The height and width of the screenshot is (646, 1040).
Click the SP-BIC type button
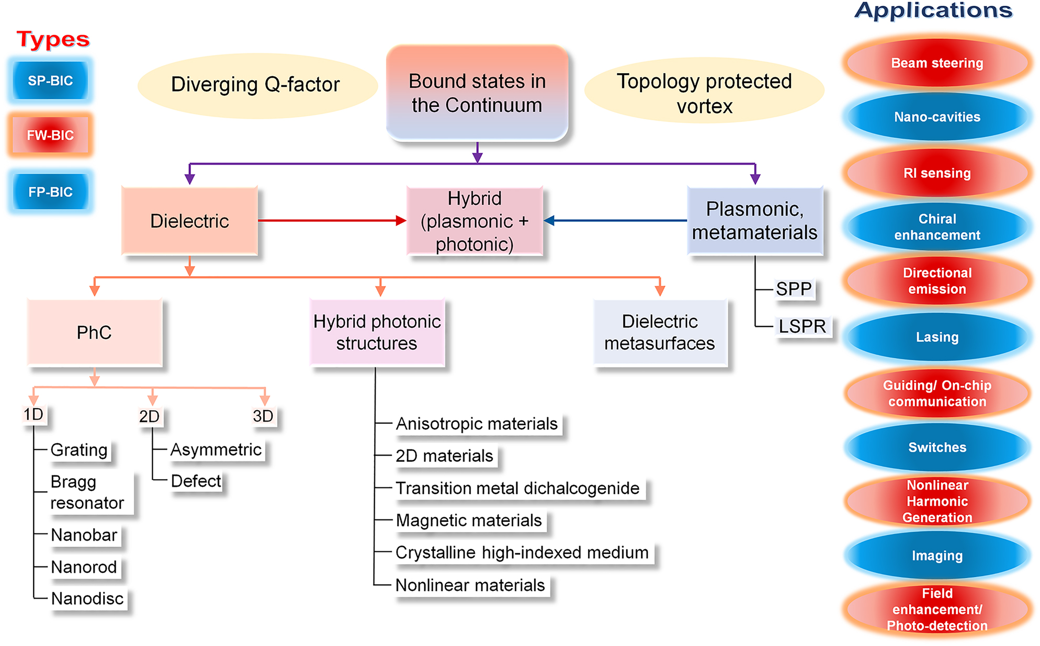(50, 81)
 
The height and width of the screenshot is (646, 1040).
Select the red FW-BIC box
(50, 135)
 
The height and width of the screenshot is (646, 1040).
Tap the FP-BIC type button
(50, 191)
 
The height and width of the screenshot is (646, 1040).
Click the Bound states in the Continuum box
(477, 93)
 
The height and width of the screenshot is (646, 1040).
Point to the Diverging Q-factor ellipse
(256, 85)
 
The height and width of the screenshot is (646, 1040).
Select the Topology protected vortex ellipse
(704, 92)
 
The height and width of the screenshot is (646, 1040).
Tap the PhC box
(95, 332)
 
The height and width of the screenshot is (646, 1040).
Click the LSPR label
(801, 326)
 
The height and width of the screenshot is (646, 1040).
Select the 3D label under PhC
(263, 416)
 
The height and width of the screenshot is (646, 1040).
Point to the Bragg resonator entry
(87, 492)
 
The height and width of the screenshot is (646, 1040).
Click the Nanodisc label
(87, 598)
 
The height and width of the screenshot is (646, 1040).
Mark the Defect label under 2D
(196, 481)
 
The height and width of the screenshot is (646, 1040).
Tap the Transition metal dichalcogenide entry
(517, 488)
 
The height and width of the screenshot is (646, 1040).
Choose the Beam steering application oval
(936, 63)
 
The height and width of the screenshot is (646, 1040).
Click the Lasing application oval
(936, 337)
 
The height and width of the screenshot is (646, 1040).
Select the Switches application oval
(936, 447)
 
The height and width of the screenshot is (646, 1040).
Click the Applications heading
(933, 10)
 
